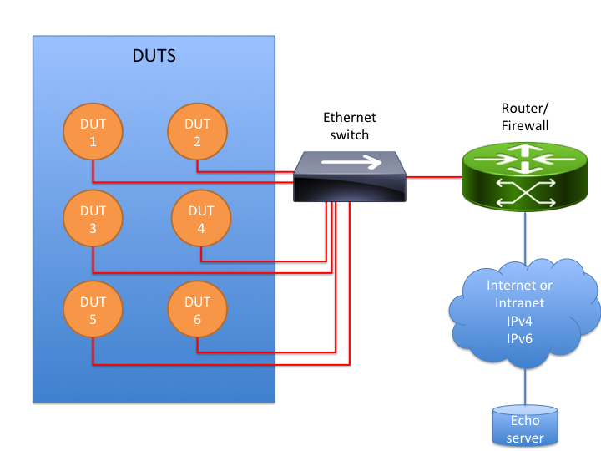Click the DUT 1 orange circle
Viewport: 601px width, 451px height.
click(93, 133)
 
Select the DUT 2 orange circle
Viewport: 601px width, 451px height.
click(197, 133)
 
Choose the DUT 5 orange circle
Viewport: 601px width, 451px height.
click(93, 310)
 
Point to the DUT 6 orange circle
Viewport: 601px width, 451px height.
click(197, 310)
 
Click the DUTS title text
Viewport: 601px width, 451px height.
click(154, 57)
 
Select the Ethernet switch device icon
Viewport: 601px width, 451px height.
click(349, 176)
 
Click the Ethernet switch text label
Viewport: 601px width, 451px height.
click(350, 126)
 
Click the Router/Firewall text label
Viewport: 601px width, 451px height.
click(524, 117)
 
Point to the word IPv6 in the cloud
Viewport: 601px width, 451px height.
click(519, 339)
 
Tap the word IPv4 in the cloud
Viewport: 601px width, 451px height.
click(519, 321)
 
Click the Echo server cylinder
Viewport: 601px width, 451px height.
click(524, 428)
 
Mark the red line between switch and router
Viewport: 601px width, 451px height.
click(434, 177)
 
